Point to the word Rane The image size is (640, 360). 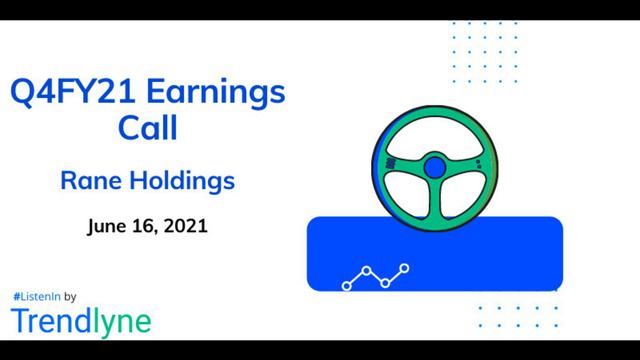pos(91,182)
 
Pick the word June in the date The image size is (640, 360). pos(107,225)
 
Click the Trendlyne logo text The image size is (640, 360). pos(81,321)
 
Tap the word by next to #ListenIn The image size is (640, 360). pos(71,297)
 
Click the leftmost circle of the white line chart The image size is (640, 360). pos(347,286)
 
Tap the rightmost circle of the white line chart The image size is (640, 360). pos(405,268)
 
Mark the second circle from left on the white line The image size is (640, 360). pos(367,270)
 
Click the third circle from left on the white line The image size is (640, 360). pos(385,283)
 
